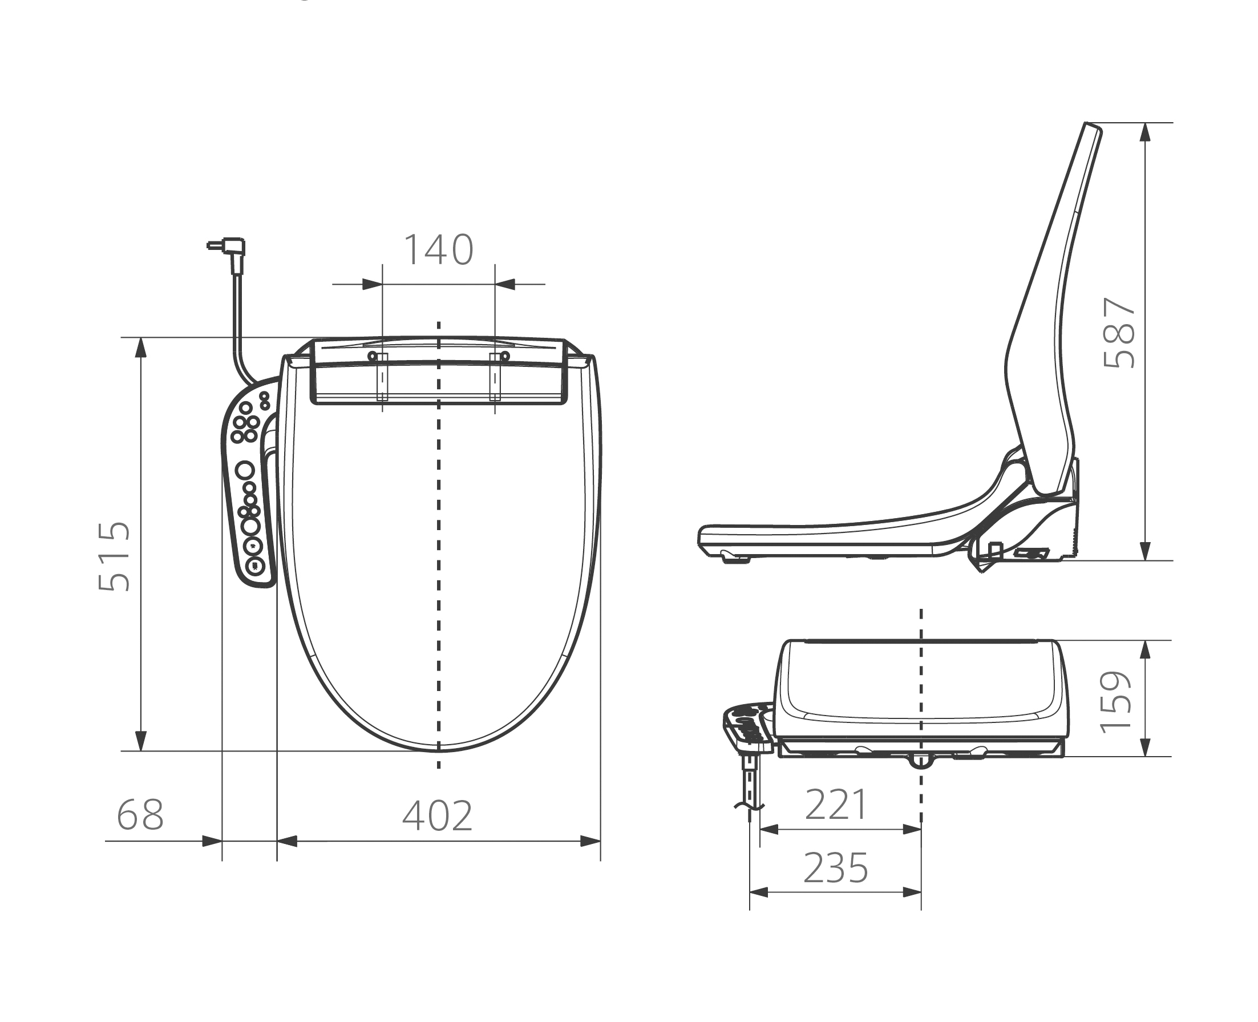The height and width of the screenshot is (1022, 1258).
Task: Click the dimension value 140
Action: click(x=439, y=250)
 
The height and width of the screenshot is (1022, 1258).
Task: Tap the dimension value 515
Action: click(x=114, y=556)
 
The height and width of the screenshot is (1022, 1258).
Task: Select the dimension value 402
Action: click(x=438, y=816)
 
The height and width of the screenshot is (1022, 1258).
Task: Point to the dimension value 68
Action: click(x=140, y=815)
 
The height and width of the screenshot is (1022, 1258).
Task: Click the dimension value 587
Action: click(x=1119, y=333)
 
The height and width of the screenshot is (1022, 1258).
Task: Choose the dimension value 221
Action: click(x=836, y=805)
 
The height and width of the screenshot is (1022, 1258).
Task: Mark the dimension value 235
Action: click(x=836, y=868)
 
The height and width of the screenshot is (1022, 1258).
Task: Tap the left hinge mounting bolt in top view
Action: click(x=372, y=356)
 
